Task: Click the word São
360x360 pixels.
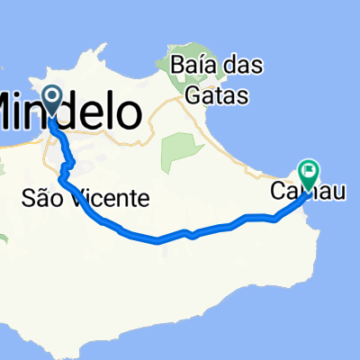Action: [x=37, y=198]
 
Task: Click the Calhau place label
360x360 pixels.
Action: [x=307, y=193]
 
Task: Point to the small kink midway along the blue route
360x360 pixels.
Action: [x=191, y=235]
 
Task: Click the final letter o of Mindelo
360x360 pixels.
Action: [x=130, y=114]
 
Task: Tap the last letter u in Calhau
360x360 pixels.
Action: [x=335, y=193]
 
